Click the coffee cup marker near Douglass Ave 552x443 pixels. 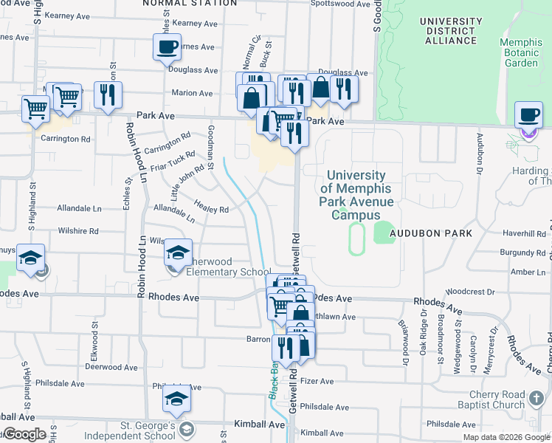point(167,49)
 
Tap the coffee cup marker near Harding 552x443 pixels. point(528,116)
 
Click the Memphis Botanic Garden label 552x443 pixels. point(521,52)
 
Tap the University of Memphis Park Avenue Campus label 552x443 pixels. point(356,195)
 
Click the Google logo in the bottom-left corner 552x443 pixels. point(24,435)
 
